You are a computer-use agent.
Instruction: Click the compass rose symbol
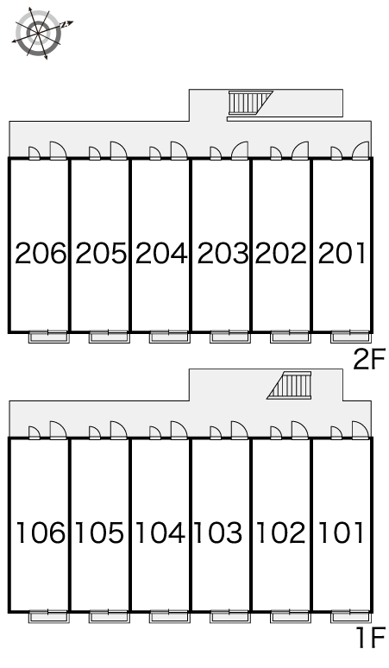click(x=39, y=33)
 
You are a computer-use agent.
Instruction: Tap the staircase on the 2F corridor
click(x=250, y=103)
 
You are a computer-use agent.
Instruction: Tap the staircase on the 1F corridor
click(x=289, y=385)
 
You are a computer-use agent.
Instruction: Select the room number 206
click(x=41, y=254)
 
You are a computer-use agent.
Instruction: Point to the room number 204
click(x=161, y=254)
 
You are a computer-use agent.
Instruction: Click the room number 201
click(x=342, y=254)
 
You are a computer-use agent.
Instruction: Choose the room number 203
click(x=223, y=254)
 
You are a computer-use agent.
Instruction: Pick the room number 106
click(x=41, y=533)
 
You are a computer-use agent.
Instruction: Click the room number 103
click(x=218, y=533)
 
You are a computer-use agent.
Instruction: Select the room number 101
click(x=342, y=533)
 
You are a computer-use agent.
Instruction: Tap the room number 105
click(x=100, y=533)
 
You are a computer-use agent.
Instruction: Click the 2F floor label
click(x=369, y=359)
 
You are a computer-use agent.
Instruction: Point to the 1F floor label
click(x=370, y=638)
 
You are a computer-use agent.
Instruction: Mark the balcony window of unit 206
click(x=48, y=337)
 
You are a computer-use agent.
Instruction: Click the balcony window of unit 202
click(x=291, y=337)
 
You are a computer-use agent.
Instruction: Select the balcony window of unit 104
click(x=169, y=616)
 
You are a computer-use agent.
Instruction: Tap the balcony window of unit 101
click(x=351, y=616)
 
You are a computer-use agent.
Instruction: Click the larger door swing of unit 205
click(x=119, y=150)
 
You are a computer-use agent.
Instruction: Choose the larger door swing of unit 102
click(x=299, y=430)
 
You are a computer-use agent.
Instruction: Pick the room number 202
click(x=281, y=254)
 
